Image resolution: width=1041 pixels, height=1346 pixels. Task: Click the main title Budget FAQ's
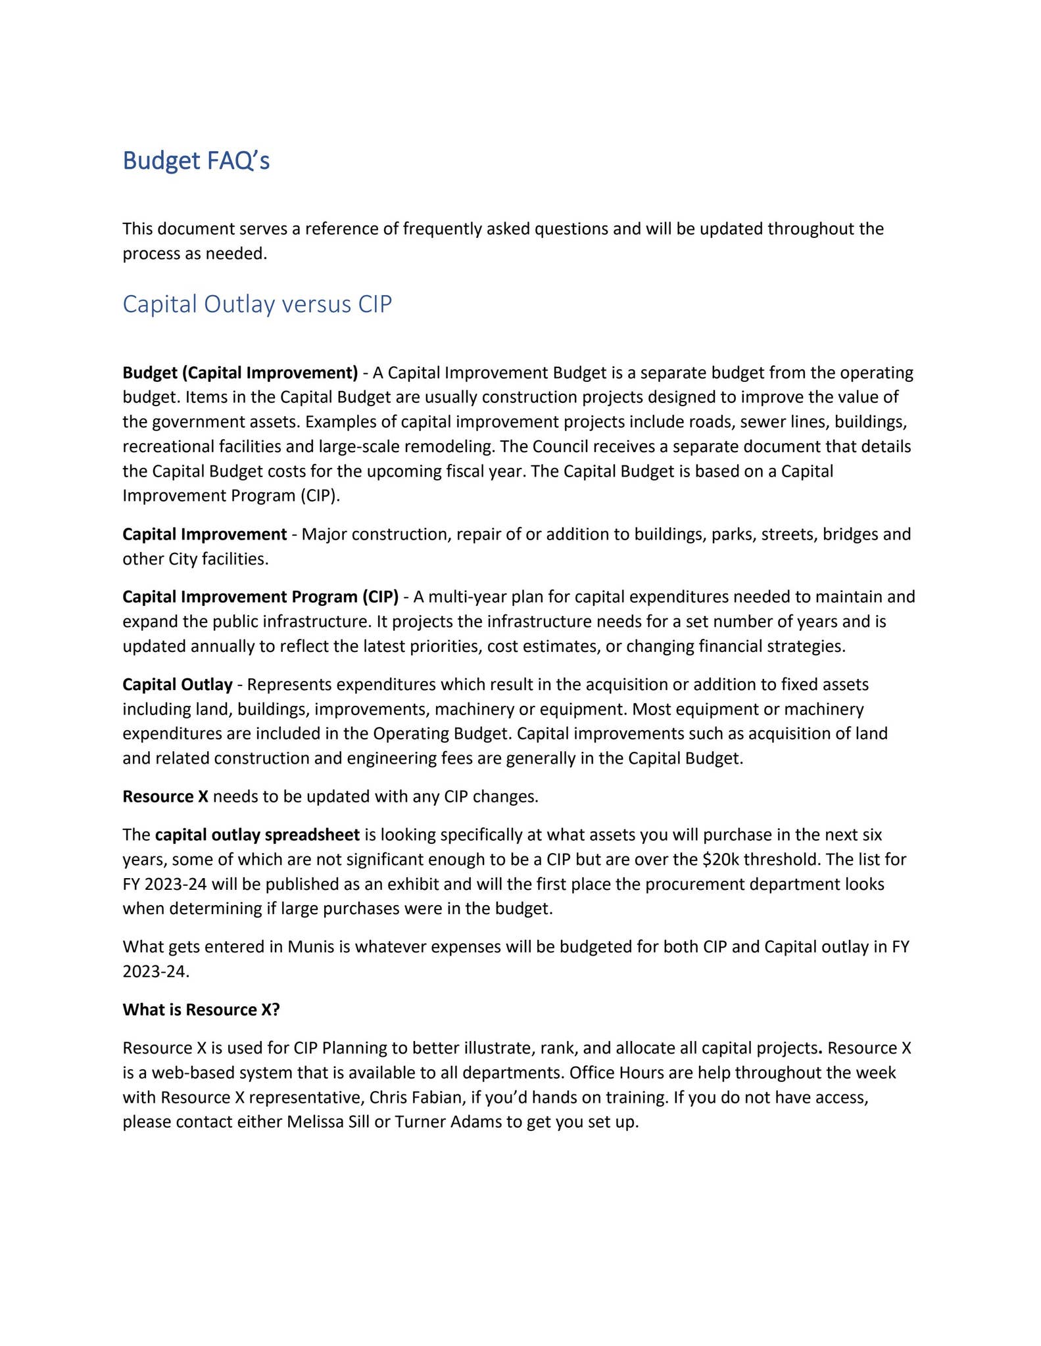coord(196,161)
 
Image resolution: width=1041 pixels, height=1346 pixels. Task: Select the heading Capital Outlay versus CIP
coord(257,304)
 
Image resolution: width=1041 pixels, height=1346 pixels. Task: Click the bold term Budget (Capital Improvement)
coord(240,373)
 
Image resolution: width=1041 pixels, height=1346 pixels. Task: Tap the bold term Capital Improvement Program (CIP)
coord(260,597)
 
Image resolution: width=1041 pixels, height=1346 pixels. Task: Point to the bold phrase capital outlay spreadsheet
coord(257,835)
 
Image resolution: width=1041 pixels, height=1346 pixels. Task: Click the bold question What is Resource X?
coord(201,1009)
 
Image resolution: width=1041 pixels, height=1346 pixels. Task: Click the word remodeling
coord(448,447)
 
